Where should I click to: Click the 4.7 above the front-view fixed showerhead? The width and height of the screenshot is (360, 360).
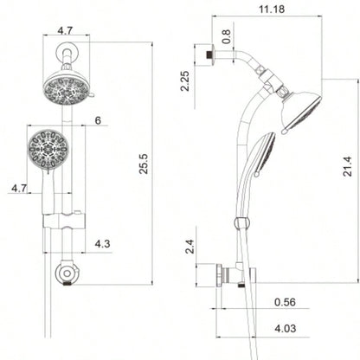coord(65,29)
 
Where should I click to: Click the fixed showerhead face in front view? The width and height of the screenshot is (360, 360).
coord(66,91)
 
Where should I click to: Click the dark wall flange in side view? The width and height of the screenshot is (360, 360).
coord(209,55)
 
